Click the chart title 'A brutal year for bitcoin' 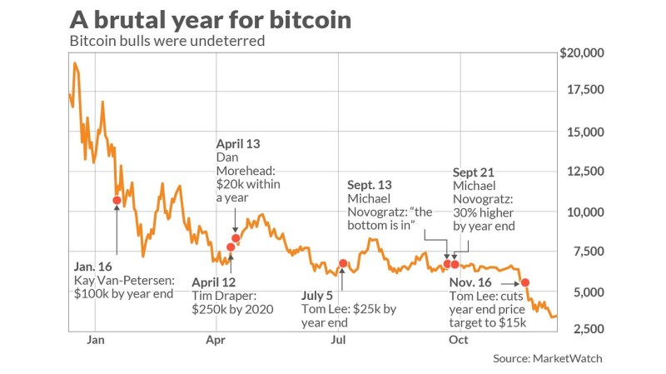210,19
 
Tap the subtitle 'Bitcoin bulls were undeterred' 166,41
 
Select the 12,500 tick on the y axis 589,172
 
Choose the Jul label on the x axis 338,340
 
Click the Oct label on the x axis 459,340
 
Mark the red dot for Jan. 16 117,200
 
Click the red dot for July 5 343,263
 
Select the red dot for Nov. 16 525,283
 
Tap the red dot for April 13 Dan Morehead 236,238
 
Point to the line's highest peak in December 75,63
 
